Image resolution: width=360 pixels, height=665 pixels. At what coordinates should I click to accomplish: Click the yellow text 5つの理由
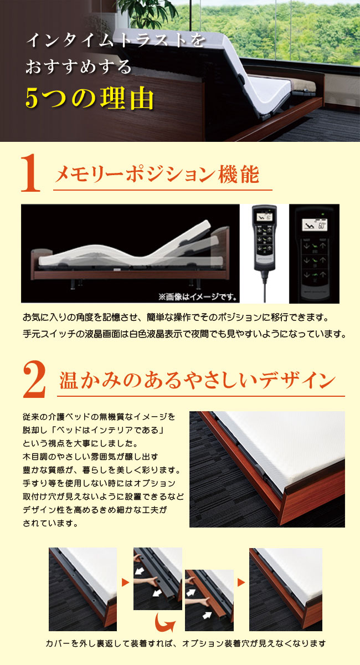click(90, 98)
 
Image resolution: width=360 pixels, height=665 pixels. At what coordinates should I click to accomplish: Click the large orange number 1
click(30, 173)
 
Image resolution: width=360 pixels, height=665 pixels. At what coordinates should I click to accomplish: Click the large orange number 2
click(34, 380)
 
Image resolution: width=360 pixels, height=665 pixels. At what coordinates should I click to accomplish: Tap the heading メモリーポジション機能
click(157, 175)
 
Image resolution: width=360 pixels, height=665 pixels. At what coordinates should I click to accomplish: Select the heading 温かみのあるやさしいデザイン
click(197, 380)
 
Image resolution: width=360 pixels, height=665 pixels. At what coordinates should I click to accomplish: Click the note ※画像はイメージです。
click(198, 296)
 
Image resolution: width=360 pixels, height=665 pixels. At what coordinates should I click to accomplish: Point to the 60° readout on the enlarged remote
click(321, 226)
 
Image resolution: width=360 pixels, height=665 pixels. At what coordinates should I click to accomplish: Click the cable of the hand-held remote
click(263, 286)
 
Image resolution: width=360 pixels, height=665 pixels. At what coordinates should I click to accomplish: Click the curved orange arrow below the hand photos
click(165, 621)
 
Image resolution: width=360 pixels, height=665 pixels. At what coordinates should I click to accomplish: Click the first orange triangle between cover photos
click(125, 582)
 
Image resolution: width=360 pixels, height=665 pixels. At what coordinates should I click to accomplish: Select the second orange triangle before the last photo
click(241, 582)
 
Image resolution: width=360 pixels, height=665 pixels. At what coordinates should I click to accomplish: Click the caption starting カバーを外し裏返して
click(186, 643)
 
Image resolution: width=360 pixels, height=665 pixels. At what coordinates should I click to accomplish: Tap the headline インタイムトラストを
click(116, 40)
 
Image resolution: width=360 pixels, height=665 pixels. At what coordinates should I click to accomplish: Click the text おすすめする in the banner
click(79, 66)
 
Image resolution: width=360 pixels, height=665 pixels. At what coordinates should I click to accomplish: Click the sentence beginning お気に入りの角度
click(176, 318)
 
